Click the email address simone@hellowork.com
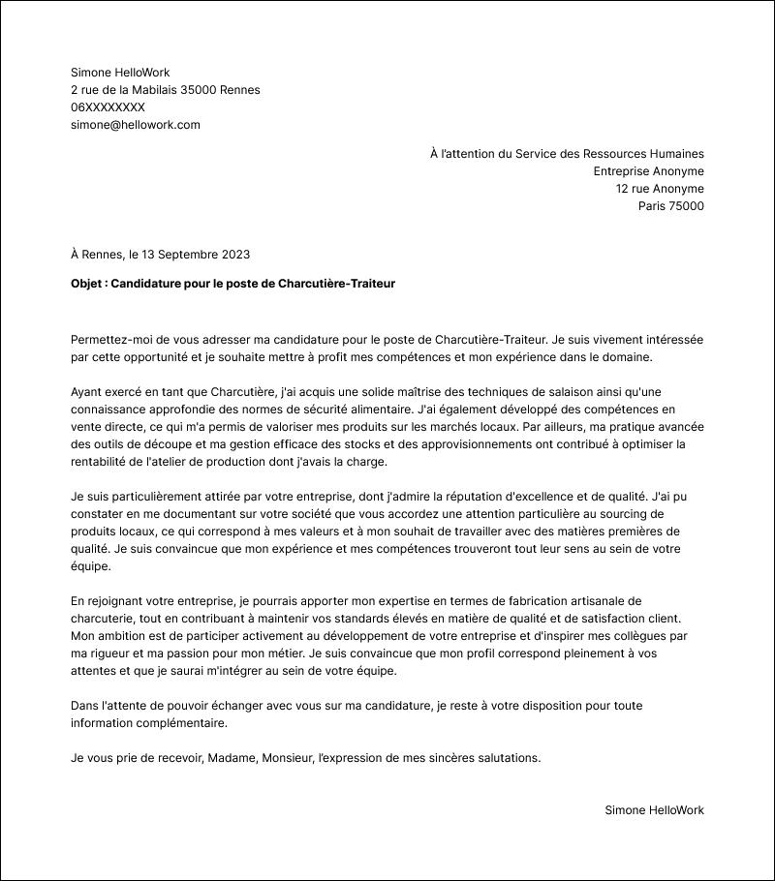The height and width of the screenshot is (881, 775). click(135, 125)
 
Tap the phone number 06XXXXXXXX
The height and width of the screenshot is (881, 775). click(108, 107)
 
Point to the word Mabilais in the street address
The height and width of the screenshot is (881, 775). click(150, 90)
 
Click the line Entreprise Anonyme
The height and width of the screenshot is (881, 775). click(648, 171)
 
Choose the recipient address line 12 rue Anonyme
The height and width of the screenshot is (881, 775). click(660, 189)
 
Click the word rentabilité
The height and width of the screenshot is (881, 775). click(102, 462)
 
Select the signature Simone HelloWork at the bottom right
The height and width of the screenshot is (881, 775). click(654, 810)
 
